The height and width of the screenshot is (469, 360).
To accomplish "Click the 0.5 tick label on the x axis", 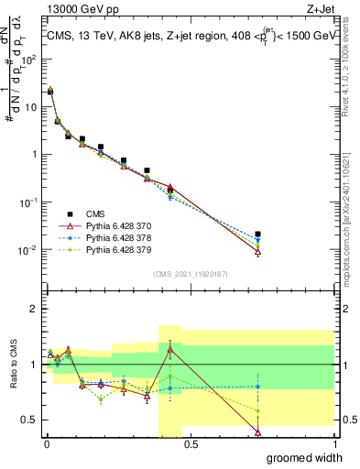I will pyautogui.click(x=191, y=443).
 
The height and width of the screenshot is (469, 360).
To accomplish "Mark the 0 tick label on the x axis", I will pyautogui.click(x=46, y=443).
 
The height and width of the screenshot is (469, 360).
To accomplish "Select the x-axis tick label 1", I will pyautogui.click(x=334, y=443).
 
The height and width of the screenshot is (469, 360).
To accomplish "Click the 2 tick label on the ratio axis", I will pyautogui.click(x=37, y=309).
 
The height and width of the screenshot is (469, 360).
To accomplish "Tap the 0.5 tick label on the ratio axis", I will pyautogui.click(x=32, y=420).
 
